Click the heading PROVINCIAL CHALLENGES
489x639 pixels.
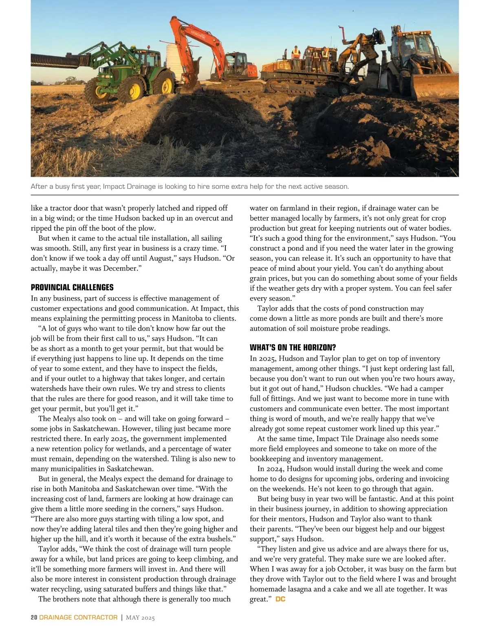point(72,288)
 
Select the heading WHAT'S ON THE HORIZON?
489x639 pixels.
point(293,348)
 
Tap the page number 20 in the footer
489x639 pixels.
point(34,617)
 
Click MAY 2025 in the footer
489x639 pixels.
point(140,617)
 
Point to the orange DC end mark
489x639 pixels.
point(280,599)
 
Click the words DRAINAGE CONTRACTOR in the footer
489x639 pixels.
point(78,617)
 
